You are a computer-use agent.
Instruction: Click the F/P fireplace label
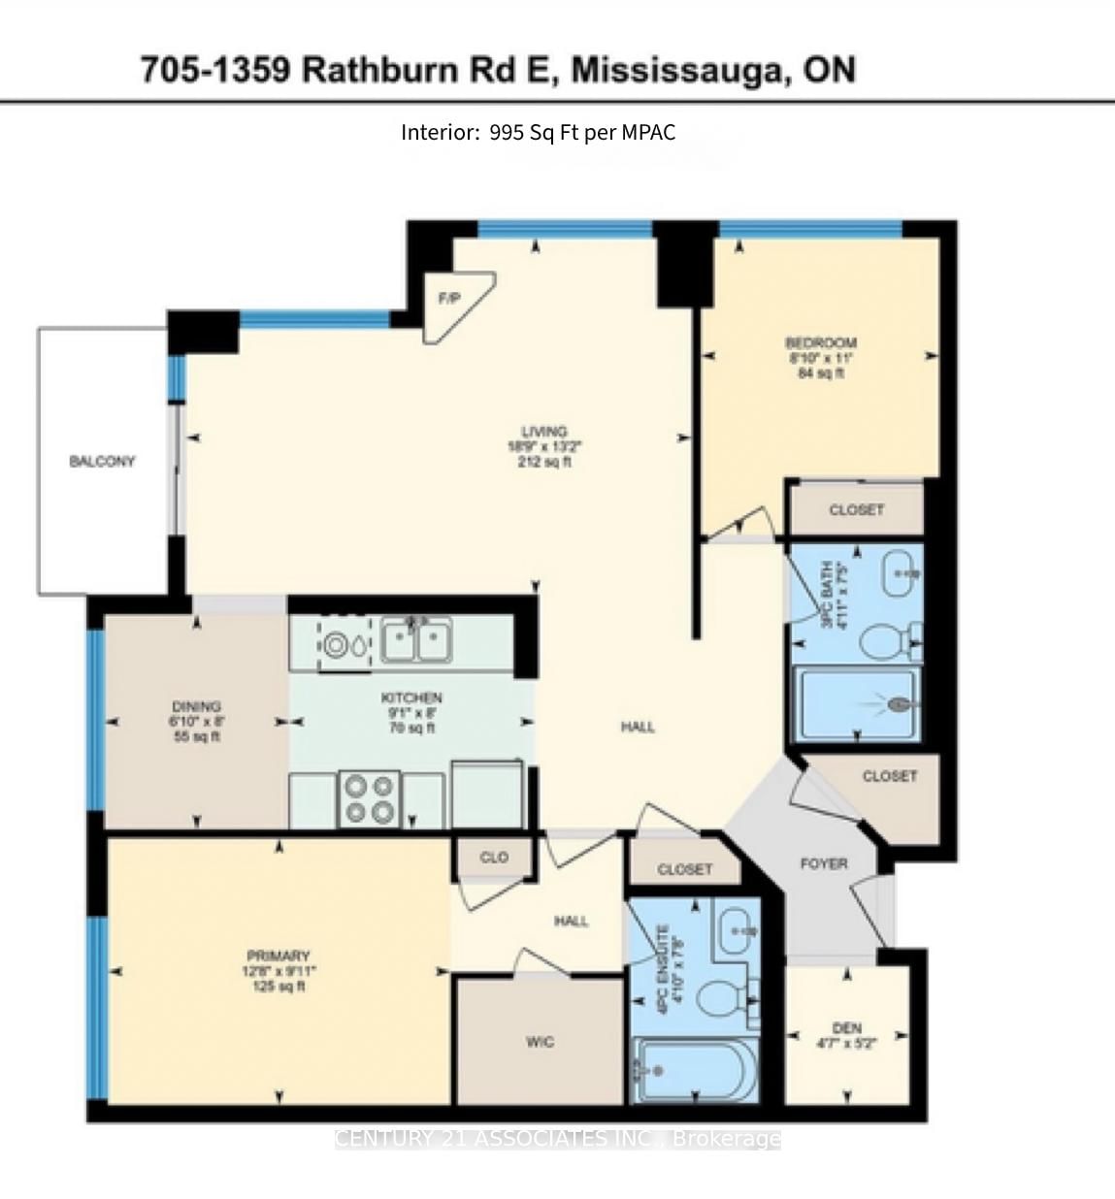point(449,299)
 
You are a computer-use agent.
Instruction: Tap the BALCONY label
point(102,462)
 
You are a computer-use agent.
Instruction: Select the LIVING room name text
point(543,432)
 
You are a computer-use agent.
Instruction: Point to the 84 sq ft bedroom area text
point(820,373)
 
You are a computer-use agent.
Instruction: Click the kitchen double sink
point(416,640)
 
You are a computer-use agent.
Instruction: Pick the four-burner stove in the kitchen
point(370,799)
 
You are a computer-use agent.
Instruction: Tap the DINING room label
point(196,706)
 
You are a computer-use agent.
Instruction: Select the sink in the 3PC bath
point(902,572)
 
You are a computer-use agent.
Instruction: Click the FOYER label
point(824,863)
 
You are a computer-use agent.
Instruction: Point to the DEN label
point(847,1028)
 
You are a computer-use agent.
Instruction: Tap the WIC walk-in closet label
point(540,1042)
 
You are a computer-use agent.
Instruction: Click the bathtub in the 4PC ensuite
point(692,1070)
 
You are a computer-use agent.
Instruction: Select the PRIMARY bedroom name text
point(278,956)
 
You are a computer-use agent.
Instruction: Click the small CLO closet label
point(494,858)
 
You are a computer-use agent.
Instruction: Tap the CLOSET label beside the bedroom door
point(856,509)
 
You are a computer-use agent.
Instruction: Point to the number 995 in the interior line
point(507,133)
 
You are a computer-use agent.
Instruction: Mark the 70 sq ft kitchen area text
point(411,728)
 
